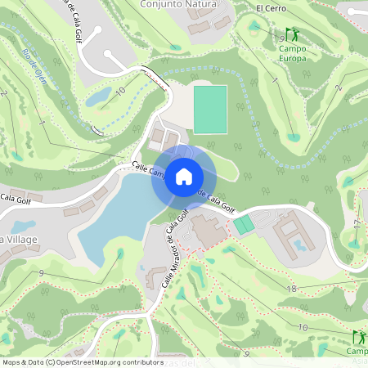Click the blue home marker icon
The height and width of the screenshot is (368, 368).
click(x=184, y=176)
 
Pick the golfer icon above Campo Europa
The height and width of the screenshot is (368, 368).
click(x=292, y=36)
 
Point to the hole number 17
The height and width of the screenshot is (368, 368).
click(x=357, y=222)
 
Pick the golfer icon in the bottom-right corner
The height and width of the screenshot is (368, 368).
click(x=359, y=337)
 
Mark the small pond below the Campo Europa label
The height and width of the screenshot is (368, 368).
click(x=294, y=137)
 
